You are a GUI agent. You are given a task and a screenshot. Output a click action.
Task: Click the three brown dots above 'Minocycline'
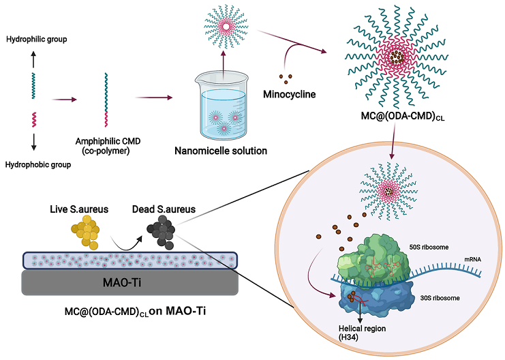tap(287, 76)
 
